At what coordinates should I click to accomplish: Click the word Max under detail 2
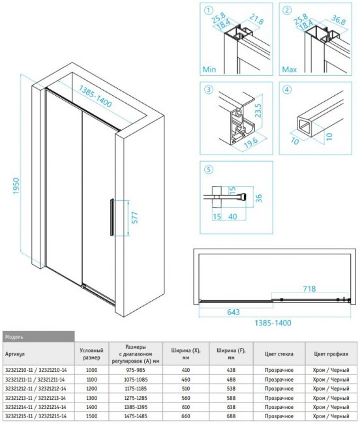tap(290, 68)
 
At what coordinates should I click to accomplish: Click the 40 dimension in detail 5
tap(232, 216)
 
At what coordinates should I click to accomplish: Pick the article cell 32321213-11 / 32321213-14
tap(35, 397)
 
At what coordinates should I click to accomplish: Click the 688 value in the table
tap(229, 415)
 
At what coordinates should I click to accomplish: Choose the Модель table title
tap(15, 336)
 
